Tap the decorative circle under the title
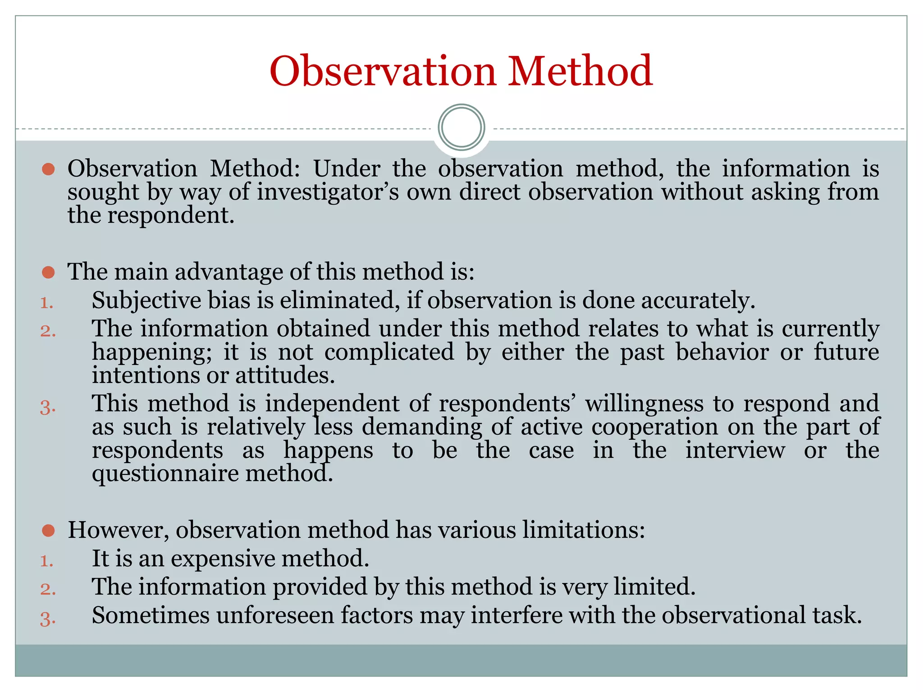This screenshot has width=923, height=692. [461, 127]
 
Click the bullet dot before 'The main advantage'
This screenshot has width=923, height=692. [48, 272]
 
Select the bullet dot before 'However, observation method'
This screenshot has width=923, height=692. [48, 530]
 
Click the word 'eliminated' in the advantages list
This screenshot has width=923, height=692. [339, 300]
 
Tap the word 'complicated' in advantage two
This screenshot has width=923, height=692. [389, 352]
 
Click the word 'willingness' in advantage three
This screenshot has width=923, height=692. [644, 404]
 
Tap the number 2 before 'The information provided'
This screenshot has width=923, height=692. [47, 589]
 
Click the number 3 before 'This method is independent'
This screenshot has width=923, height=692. [47, 407]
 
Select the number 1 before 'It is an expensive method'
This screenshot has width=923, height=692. [46, 561]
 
